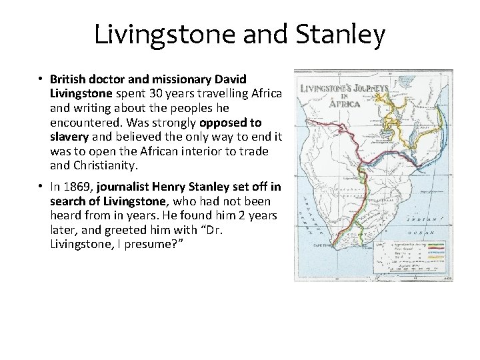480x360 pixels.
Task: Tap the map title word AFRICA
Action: [343, 103]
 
